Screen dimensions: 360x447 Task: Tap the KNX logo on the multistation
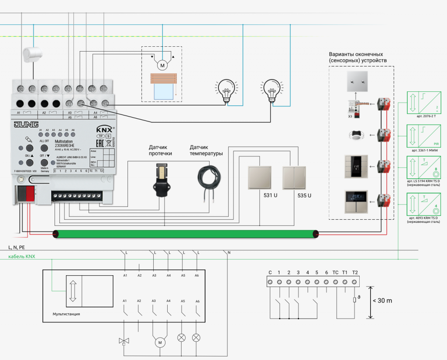point(103,130)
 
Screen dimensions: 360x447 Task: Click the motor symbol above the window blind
point(162,66)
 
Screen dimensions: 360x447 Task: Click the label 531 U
point(270,195)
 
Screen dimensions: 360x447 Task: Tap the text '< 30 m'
point(382,301)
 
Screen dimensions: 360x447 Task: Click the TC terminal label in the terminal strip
point(335,273)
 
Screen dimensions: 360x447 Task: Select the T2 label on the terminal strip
point(355,273)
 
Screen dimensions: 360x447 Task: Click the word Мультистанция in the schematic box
point(66,314)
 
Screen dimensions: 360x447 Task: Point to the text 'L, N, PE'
point(16,247)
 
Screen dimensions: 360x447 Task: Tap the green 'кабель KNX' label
point(21,256)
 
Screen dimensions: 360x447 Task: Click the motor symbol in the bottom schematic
point(160,342)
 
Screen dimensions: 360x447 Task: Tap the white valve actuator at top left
point(33,54)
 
